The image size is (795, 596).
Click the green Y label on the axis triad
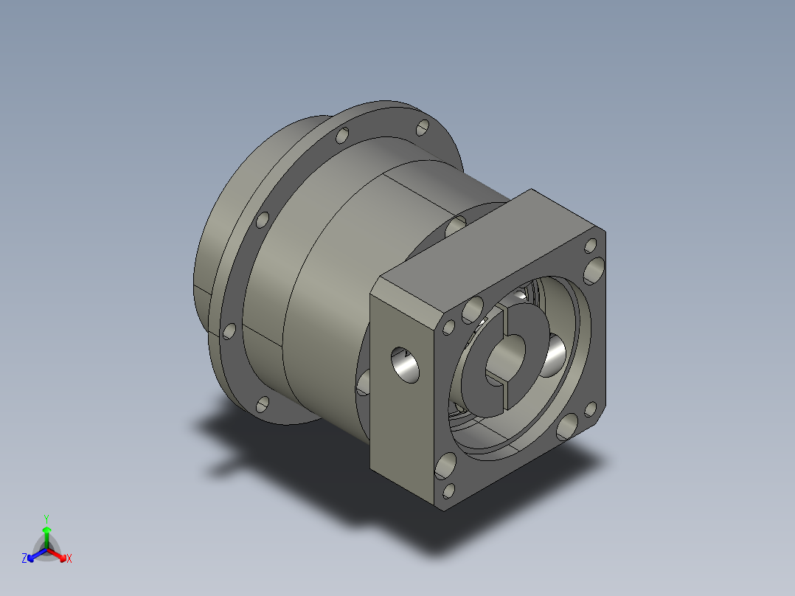pyautogui.click(x=46, y=519)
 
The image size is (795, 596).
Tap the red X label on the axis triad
pyautogui.click(x=69, y=559)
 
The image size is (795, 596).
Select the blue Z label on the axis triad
pyautogui.click(x=24, y=559)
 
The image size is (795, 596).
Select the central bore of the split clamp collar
pyautogui.click(x=507, y=357)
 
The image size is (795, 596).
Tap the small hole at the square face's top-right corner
pyautogui.click(x=591, y=246)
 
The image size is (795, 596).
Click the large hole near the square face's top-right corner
pyautogui.click(x=594, y=271)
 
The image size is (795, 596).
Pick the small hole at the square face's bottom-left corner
pyautogui.click(x=449, y=491)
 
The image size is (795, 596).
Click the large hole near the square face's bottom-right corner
pyautogui.click(x=568, y=427)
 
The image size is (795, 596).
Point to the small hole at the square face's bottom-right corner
pyautogui.click(x=591, y=409)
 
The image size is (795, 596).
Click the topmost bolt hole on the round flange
pyautogui.click(x=422, y=128)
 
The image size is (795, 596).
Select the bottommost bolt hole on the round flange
pyautogui.click(x=263, y=404)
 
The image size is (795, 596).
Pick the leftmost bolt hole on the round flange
pyautogui.click(x=229, y=330)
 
